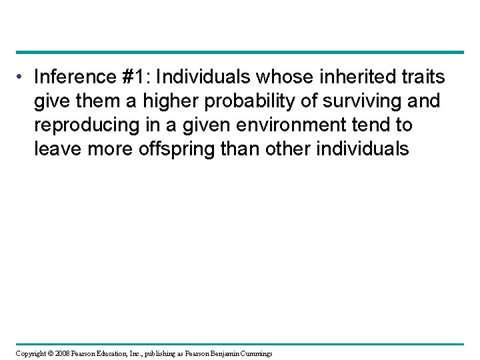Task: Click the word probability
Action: pyautogui.click(x=235, y=102)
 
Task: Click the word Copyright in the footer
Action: pyautogui.click(x=29, y=352)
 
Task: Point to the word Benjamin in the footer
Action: pyautogui.click(x=223, y=352)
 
